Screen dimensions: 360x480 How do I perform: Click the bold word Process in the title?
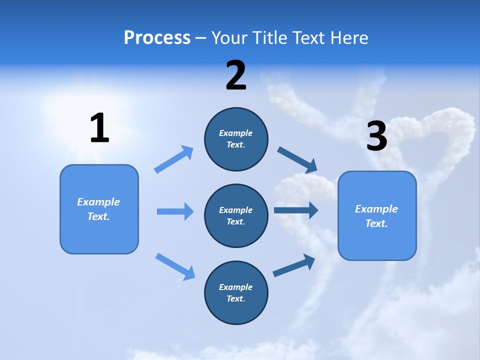157,38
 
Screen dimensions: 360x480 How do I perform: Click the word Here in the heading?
348,38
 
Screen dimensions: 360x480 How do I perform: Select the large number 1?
99,128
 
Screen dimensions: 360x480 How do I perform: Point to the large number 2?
236,75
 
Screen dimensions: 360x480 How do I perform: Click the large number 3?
377,136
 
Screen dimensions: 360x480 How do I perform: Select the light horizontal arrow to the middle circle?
175,211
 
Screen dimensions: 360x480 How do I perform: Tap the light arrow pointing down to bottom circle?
175,266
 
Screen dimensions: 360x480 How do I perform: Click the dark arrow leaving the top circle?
297,160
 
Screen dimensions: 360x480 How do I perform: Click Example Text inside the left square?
98,209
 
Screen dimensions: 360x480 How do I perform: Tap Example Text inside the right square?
376,216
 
